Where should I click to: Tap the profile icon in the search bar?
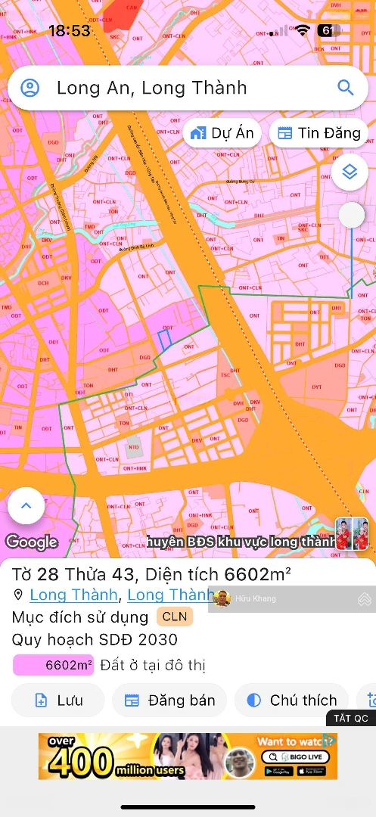(30, 88)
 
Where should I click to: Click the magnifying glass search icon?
(346, 88)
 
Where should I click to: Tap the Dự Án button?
(222, 133)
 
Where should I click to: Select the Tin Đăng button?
(319, 133)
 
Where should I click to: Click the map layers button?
(350, 172)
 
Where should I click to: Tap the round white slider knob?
(351, 215)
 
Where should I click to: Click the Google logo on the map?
(32, 542)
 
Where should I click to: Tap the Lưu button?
(58, 701)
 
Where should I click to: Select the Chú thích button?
(291, 701)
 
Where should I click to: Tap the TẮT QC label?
(350, 718)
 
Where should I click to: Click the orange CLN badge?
(175, 617)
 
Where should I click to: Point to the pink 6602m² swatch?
(53, 666)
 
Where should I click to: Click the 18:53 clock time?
(69, 31)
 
